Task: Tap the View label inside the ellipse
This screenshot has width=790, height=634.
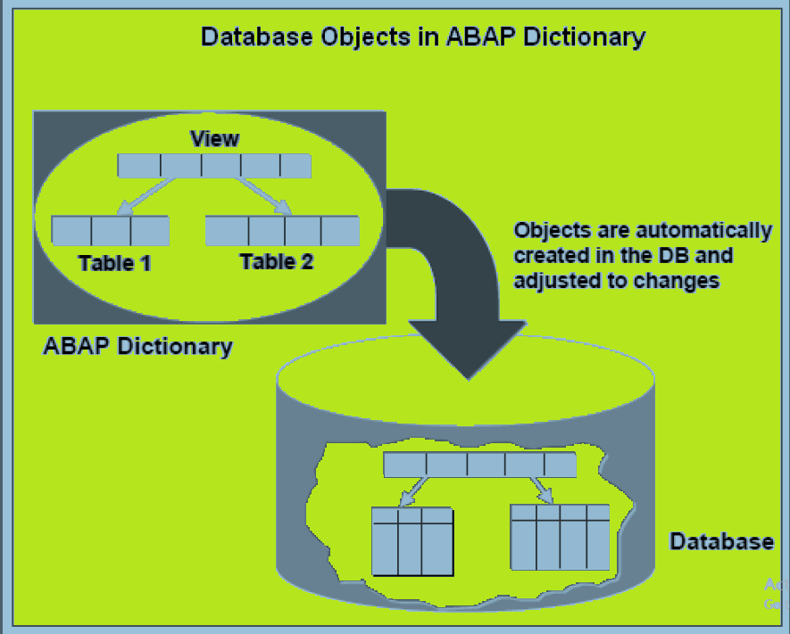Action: click(214, 139)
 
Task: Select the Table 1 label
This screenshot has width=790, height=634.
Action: click(114, 263)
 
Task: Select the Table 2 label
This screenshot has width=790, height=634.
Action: click(277, 261)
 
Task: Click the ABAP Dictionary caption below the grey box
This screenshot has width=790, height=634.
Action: click(137, 346)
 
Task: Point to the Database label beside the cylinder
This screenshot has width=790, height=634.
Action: click(721, 541)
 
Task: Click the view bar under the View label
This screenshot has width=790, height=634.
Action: click(214, 166)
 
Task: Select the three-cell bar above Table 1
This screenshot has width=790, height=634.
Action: click(111, 230)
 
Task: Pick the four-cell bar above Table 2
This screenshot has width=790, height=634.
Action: click(282, 230)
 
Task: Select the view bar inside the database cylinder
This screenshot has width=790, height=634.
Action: click(479, 465)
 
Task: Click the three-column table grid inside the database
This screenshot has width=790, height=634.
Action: click(412, 541)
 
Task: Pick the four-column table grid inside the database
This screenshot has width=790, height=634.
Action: click(560, 539)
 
